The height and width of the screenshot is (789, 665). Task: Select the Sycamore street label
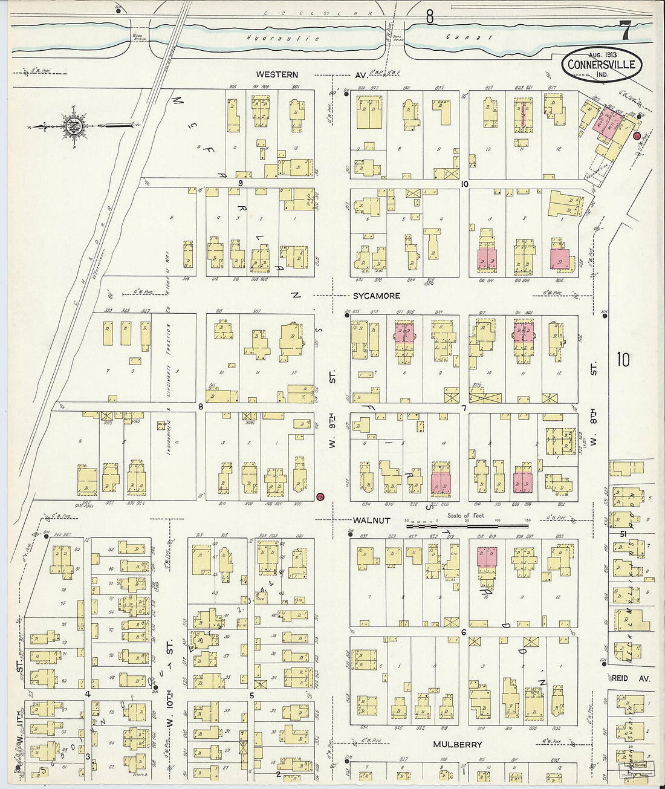pyautogui.click(x=377, y=296)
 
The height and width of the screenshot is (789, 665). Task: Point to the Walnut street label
pyautogui.click(x=372, y=520)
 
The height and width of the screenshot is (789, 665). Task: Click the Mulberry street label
pyautogui.click(x=457, y=744)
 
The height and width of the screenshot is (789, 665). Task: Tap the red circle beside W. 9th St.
pyautogui.click(x=320, y=496)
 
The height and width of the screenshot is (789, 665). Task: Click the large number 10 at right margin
pyautogui.click(x=623, y=360)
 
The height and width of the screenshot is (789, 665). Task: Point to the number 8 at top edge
pyautogui.click(x=429, y=17)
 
